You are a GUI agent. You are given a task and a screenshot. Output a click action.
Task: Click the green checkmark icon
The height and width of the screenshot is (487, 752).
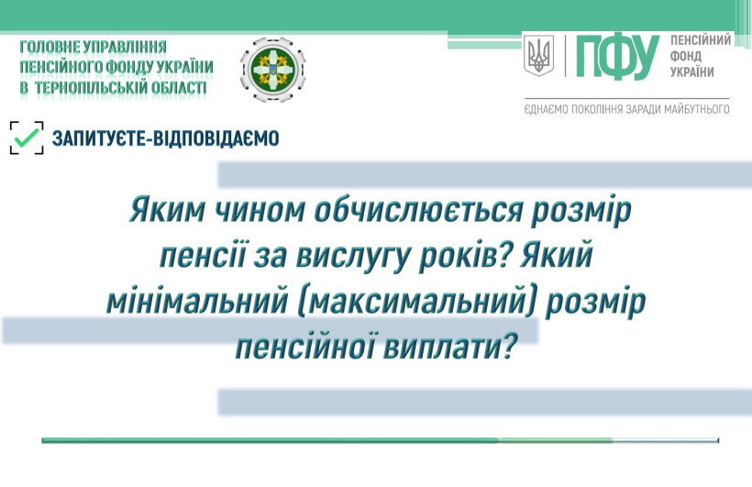[x=27, y=138]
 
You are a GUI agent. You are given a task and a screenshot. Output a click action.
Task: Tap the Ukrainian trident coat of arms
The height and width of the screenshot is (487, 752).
[x=538, y=55]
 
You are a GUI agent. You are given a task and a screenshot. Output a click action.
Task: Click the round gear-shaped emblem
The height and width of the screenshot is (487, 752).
[x=272, y=70]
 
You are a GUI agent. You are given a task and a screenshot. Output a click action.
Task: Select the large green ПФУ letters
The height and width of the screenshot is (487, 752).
[x=618, y=57]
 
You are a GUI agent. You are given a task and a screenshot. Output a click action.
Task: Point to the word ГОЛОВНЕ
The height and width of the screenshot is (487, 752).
[x=50, y=47]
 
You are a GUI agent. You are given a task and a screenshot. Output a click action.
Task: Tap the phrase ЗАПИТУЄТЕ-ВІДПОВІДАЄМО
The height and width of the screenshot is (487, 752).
[x=165, y=138]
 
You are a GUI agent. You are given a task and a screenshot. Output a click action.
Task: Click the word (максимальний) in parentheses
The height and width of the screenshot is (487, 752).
[x=416, y=301]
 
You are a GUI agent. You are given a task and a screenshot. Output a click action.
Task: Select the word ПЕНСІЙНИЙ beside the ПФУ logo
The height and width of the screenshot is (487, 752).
[x=701, y=39]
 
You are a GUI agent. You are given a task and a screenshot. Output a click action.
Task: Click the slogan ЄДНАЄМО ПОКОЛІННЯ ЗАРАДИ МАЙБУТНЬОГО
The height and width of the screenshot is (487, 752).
[x=627, y=109]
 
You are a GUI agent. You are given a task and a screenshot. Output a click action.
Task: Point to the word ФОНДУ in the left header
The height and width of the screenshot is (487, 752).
[x=132, y=67]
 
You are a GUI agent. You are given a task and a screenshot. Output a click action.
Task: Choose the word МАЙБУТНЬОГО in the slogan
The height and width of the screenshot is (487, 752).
[x=696, y=109]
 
